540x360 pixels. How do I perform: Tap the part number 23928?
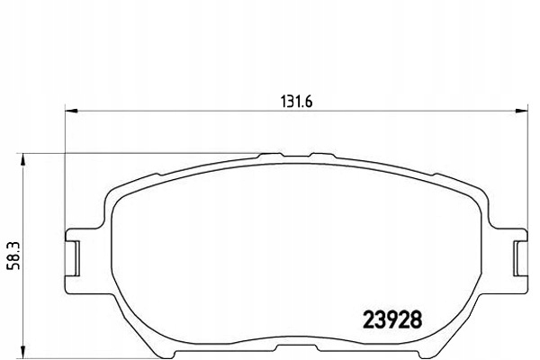391,319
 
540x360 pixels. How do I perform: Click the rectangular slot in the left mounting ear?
76,255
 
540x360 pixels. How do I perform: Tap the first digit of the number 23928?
367,319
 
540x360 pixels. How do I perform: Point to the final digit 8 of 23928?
416,319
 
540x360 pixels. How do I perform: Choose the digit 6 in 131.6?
309,101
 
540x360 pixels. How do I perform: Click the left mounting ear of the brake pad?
79,255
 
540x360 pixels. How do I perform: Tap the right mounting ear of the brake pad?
514,255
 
